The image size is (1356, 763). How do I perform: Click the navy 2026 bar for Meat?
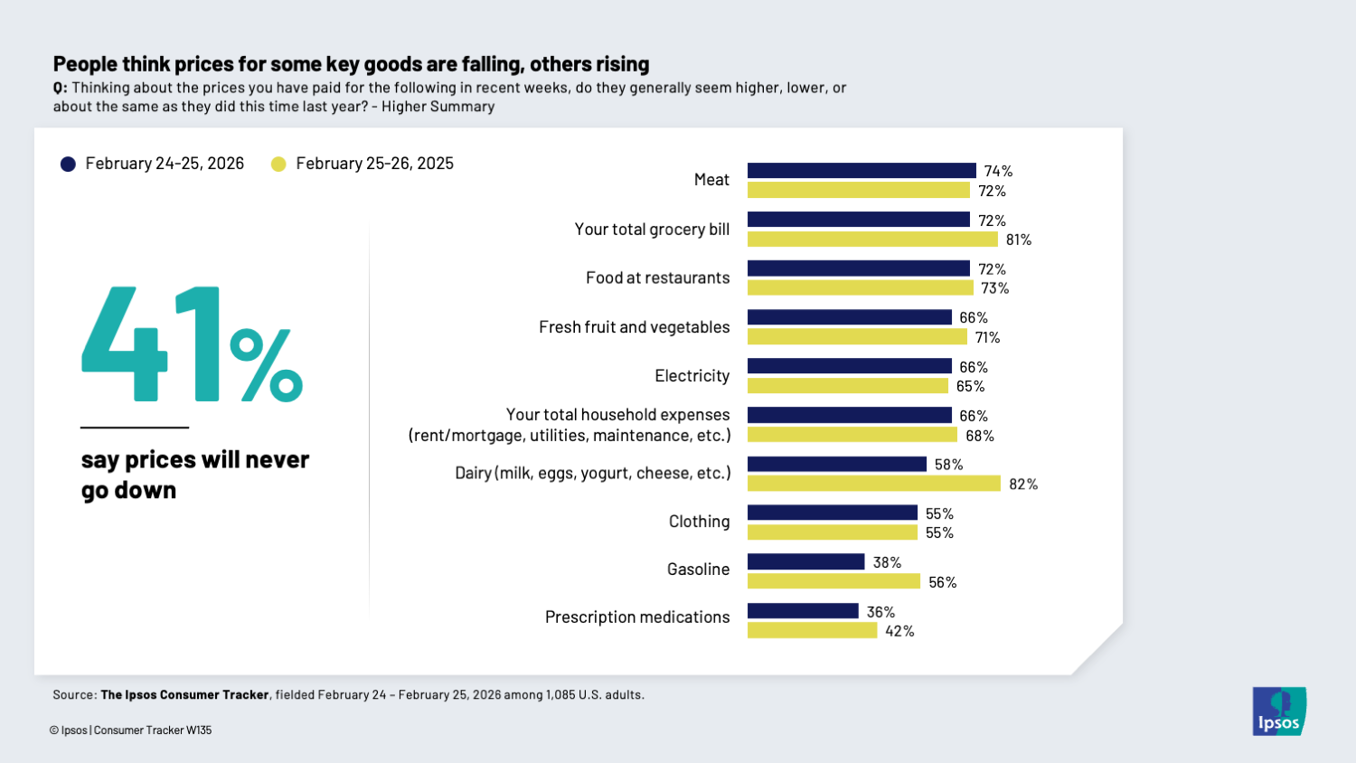point(862,171)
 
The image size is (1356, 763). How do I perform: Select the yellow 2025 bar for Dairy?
point(873,484)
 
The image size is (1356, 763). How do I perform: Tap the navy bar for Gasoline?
point(805,562)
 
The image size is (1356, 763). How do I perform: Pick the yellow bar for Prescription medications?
point(812,631)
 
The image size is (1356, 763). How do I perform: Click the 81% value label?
point(1018,240)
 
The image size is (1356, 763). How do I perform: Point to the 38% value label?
point(887,562)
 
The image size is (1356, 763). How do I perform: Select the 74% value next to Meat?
point(998,171)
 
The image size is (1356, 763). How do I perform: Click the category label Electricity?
point(692,376)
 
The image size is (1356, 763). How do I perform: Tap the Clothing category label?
point(699,522)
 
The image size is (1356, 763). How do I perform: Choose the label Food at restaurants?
point(657,278)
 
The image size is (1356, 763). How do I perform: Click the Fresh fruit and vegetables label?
point(634,327)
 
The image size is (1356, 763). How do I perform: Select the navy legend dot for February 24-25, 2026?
point(68,164)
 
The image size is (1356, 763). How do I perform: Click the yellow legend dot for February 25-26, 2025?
point(278,164)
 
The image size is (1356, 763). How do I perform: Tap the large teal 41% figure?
point(192,344)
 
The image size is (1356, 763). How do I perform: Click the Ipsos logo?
point(1279,711)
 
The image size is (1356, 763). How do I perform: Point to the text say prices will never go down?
point(194,475)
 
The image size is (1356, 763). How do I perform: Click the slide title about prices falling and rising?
point(351,64)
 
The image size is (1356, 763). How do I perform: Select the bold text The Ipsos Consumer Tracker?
point(184,695)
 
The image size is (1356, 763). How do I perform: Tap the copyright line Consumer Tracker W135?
point(131,730)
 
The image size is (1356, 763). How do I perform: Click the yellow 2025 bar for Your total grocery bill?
point(872,240)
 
